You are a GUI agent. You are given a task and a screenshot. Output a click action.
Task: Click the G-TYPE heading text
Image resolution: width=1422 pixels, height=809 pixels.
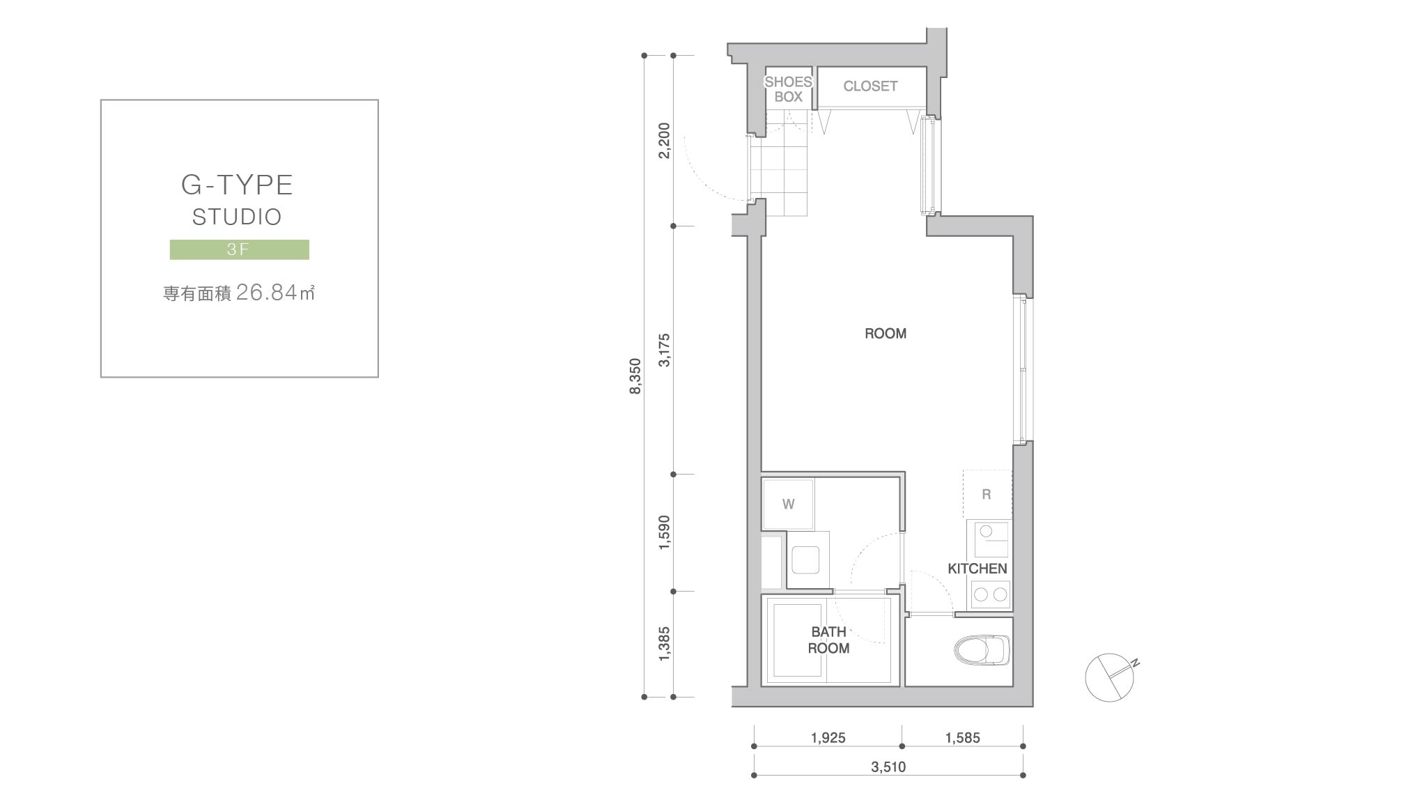pos(237,185)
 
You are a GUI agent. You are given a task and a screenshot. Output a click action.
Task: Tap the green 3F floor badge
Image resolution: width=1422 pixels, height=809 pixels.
pos(240,249)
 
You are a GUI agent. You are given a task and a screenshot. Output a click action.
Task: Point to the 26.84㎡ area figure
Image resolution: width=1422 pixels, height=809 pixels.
pos(276,293)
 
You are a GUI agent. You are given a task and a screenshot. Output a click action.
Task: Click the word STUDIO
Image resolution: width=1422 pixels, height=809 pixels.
pos(237,217)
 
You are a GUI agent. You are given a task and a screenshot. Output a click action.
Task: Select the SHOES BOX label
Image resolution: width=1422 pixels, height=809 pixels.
pos(789,89)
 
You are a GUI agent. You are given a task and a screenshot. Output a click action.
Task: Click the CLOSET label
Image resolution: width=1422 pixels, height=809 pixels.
pos(870,86)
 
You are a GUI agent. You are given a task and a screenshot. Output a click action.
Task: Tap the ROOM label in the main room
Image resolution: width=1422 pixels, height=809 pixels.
pos(886,334)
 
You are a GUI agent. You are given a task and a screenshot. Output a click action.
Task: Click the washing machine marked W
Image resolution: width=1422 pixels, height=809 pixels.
pos(788,504)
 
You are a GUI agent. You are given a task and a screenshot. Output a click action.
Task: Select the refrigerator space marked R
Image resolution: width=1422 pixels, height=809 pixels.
pos(987,494)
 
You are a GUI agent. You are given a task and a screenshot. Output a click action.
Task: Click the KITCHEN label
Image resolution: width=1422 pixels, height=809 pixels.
pos(977,569)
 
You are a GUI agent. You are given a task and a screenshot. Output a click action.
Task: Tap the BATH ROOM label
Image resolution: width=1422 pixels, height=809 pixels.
pos(828,640)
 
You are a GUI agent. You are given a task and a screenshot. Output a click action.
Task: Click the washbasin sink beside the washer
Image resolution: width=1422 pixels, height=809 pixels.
pos(805,560)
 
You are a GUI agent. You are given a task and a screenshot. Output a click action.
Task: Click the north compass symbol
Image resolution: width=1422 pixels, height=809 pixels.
pos(1110,677)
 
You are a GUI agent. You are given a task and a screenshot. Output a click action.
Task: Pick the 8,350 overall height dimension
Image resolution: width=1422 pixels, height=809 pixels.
pos(635,376)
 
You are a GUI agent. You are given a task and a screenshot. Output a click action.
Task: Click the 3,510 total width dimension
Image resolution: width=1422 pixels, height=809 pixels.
pos(888,767)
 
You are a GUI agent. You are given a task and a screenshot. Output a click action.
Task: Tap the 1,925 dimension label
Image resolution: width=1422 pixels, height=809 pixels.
pos(828,738)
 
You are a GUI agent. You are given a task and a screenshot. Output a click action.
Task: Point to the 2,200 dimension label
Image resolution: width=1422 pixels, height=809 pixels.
pos(665,141)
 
